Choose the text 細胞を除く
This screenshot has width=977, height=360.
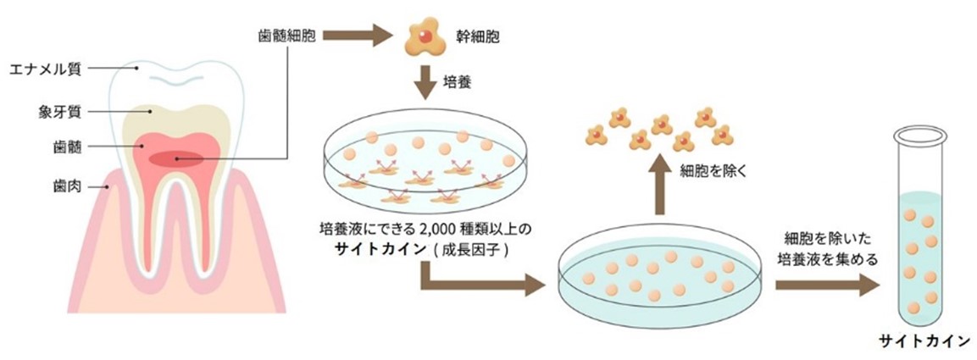pyautogui.click(x=712, y=170)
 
